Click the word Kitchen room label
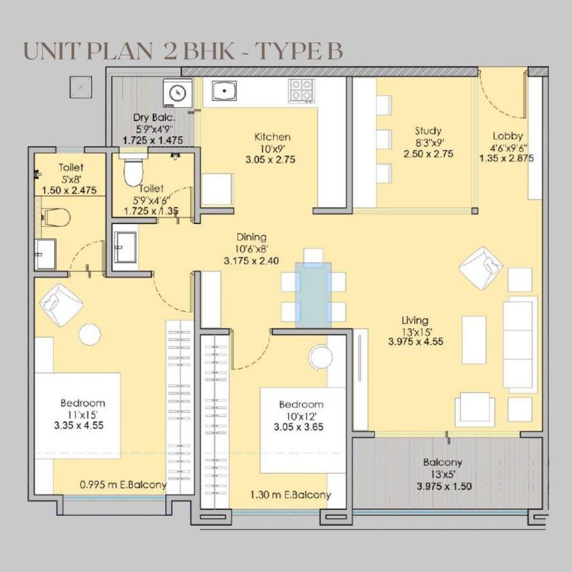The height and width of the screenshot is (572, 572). (x=272, y=137)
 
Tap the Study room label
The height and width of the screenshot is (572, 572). (x=428, y=131)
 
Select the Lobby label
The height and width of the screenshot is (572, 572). (x=507, y=136)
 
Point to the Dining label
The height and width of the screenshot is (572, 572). (x=251, y=237)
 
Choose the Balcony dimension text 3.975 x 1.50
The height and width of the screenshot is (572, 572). (x=444, y=486)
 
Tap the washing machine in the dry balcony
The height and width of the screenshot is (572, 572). (x=178, y=92)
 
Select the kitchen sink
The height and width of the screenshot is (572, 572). (x=225, y=91)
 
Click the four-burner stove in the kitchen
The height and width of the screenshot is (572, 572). (x=302, y=90)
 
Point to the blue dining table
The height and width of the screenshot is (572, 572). (x=313, y=294)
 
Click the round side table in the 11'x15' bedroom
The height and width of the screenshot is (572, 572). (x=89, y=335)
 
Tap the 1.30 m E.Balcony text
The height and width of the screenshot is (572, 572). (x=290, y=494)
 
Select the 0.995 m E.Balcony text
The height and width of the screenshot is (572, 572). (x=123, y=485)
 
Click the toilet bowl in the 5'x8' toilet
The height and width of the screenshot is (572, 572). (x=56, y=217)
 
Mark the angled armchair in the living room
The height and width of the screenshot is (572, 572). (x=481, y=267)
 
